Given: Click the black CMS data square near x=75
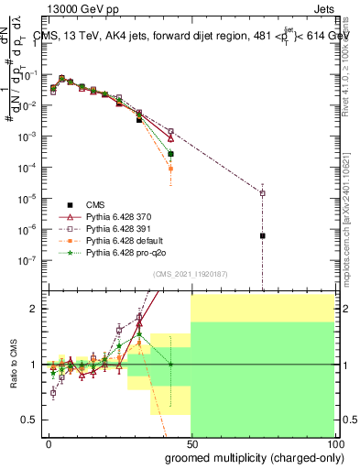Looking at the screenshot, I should tap(263, 235).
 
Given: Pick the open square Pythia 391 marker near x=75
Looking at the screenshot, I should tap(263, 193).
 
